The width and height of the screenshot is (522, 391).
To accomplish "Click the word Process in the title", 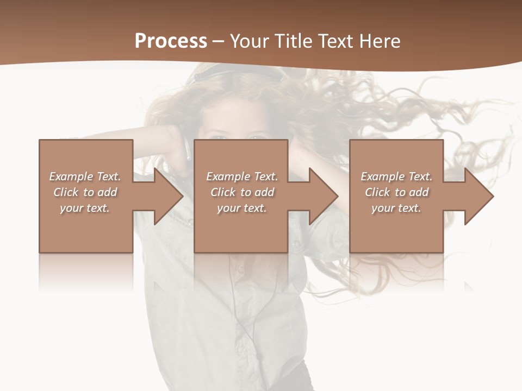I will (171, 41).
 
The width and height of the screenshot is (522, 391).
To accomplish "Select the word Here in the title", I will (380, 41).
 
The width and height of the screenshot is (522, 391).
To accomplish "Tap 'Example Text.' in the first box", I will (85, 176).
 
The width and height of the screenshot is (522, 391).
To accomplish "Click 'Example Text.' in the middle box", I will (242, 176).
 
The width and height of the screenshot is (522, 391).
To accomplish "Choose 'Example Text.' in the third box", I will (396, 176).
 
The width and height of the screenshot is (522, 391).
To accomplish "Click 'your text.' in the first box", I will (85, 208).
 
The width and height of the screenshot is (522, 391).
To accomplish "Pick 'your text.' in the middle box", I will (242, 208).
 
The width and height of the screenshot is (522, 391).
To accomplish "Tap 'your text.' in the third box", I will (396, 208).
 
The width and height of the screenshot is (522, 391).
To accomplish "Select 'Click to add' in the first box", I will (85, 192).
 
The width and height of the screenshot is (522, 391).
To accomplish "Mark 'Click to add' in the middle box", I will (242, 192).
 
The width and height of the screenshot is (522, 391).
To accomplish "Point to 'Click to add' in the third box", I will (396, 192).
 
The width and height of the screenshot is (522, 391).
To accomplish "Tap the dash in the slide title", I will (219, 41).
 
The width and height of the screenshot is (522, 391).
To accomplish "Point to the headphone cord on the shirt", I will (239, 310).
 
